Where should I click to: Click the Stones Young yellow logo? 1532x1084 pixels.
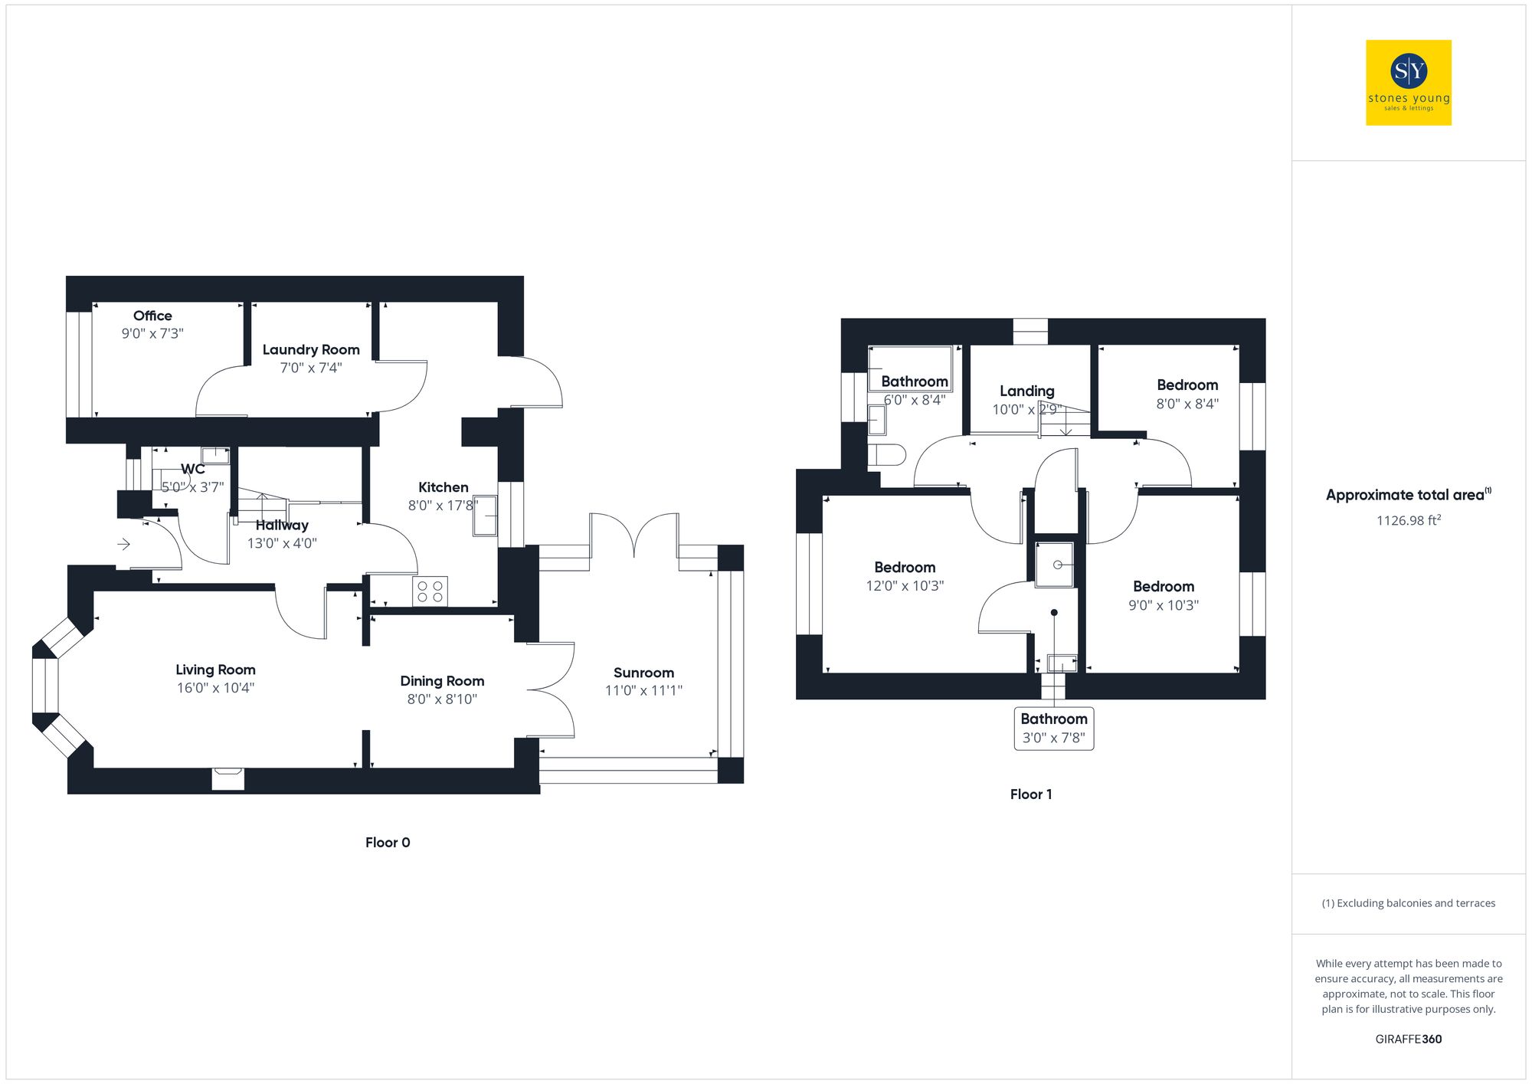coord(1408,83)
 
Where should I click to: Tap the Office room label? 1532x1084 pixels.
coord(152,316)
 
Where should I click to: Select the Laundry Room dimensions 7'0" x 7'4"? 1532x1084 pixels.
coord(311,368)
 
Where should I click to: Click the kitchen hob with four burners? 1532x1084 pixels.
coord(430,591)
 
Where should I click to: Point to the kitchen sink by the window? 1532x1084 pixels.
coord(485,516)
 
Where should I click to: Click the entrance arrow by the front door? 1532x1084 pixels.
coord(123,545)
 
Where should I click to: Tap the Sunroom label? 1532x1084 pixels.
coord(643,673)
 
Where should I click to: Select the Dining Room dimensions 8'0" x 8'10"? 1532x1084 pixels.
coord(442,699)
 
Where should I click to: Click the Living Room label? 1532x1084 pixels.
coord(215,670)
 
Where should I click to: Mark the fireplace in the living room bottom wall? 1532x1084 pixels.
coord(228,779)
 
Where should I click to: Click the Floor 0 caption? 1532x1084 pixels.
coord(388,843)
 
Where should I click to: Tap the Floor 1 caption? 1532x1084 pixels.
coord(1030,794)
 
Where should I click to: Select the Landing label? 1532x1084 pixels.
coord(1026,391)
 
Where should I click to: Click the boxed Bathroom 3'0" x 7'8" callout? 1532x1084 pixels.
coord(1053,728)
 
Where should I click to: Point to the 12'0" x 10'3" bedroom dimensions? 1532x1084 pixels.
coord(905,586)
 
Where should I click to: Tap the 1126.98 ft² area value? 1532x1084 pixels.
coord(1408,521)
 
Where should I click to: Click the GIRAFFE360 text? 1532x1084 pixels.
coord(1408,1040)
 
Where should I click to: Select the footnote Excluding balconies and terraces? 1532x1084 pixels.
coord(1408,903)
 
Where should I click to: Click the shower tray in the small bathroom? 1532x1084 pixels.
coord(1055,565)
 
